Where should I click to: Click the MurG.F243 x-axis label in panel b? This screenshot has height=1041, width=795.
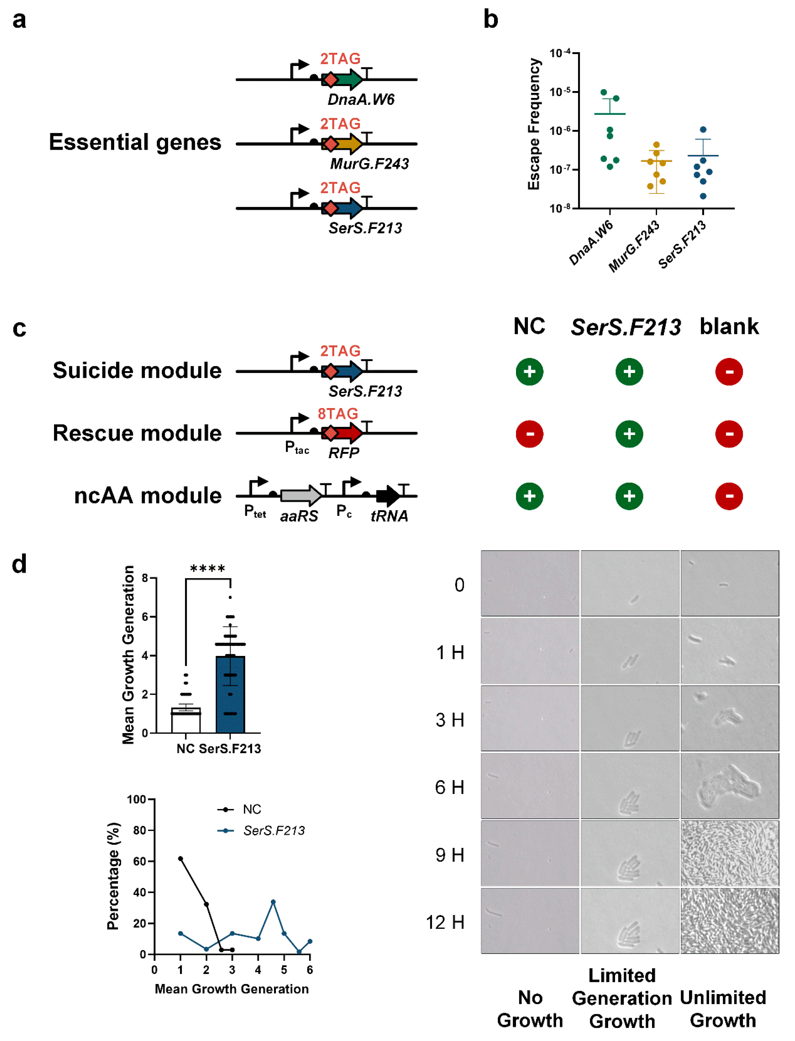634,246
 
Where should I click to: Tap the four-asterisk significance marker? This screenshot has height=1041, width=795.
207,569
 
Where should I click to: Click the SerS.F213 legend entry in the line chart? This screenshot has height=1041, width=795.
274,830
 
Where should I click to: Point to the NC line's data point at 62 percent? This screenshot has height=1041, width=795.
180,858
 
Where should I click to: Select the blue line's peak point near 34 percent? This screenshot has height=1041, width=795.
273,902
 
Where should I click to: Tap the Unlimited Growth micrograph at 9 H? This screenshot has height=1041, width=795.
729,853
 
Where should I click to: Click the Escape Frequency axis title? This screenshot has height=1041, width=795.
534,124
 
